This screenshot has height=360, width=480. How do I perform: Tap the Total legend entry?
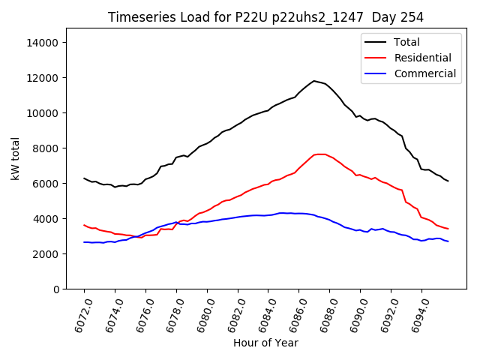coord(406,42)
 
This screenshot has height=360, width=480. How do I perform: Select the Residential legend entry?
coord(422,58)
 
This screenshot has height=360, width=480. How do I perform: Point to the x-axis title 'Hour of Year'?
coord(265,343)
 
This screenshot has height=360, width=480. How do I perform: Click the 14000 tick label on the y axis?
coord(43,43)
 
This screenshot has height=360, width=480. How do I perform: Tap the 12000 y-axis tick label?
coord(43,78)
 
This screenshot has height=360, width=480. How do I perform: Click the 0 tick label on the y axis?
coord(55,289)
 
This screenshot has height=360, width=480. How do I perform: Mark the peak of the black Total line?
coord(314,81)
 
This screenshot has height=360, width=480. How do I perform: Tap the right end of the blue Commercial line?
coord(448,241)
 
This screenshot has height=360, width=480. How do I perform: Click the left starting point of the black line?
coord(84,178)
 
